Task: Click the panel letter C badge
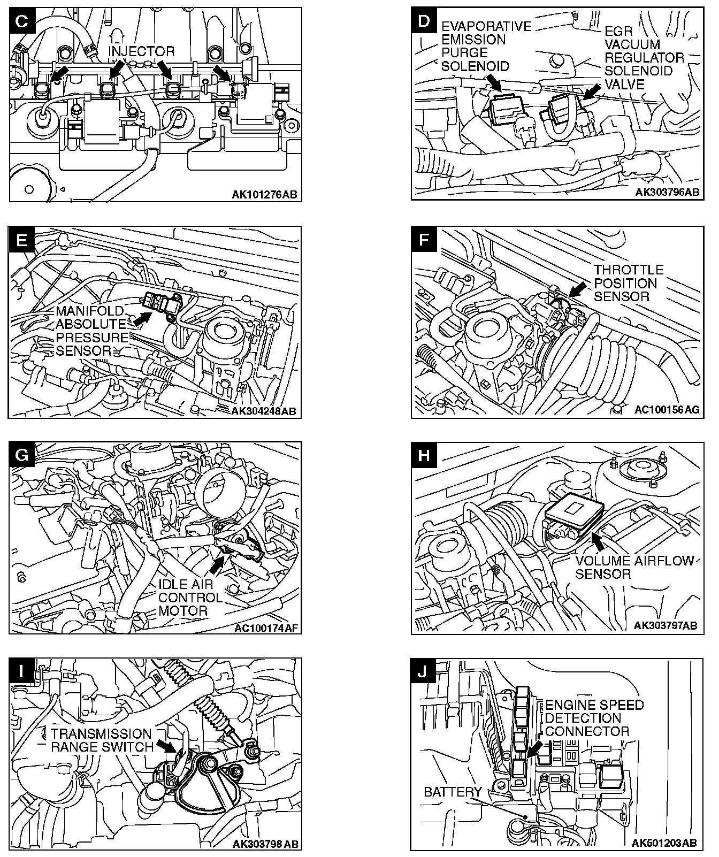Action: click(x=22, y=21)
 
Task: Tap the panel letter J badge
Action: click(x=423, y=671)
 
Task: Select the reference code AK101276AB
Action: click(x=264, y=194)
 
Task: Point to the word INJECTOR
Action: click(x=142, y=51)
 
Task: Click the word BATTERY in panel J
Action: click(x=453, y=792)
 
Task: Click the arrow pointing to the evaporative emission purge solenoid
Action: click(x=493, y=83)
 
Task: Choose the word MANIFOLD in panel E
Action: click(x=89, y=311)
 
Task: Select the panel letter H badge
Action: click(x=423, y=455)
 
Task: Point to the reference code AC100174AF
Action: click(x=266, y=627)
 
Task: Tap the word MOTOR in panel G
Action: click(x=183, y=610)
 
